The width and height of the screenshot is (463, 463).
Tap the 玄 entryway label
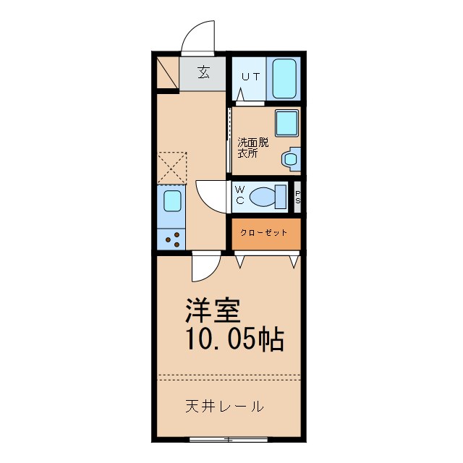click(x=204, y=72)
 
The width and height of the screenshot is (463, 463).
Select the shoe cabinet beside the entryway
click(x=167, y=72)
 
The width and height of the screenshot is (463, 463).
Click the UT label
click(x=250, y=76)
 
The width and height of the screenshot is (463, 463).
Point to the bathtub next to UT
click(x=284, y=77)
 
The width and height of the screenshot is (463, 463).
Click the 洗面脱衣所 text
click(x=252, y=148)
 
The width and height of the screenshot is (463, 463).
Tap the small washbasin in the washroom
click(x=292, y=158)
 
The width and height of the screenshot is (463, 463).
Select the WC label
click(x=239, y=195)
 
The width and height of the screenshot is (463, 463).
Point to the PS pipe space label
click(x=297, y=197)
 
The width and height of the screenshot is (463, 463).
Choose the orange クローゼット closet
click(x=265, y=232)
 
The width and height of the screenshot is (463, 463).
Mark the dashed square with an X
click(x=172, y=168)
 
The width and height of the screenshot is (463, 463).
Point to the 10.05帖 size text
click(x=234, y=339)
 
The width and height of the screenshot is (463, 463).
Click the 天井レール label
click(x=223, y=406)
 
